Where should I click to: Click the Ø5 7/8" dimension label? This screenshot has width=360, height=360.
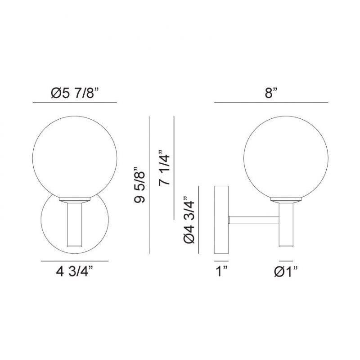(x=75, y=93)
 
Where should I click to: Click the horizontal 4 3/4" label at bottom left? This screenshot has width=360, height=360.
(x=74, y=271)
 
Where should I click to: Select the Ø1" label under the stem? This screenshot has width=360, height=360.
(x=286, y=271)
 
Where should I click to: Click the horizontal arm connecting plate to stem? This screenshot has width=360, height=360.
(x=254, y=220)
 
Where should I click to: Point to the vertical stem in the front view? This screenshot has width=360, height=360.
(x=75, y=223)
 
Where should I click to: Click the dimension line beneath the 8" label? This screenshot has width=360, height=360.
(x=271, y=103)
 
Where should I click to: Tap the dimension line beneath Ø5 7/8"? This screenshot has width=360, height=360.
(x=75, y=103)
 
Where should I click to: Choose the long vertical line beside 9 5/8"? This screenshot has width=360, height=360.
(x=148, y=185)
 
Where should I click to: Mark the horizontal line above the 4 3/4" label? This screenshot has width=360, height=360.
(x=74, y=261)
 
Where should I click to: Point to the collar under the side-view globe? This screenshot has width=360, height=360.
(x=286, y=199)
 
